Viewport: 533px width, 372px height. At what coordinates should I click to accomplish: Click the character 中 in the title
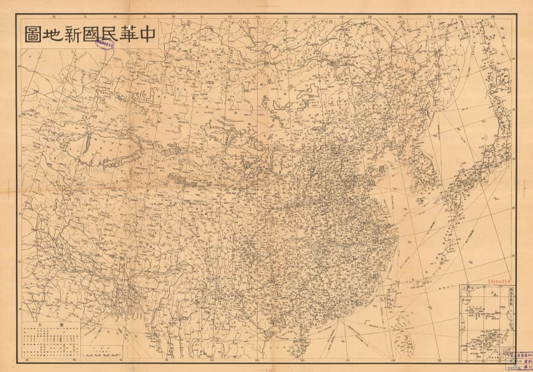(145, 34)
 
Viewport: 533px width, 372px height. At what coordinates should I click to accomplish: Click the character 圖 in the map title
(33, 34)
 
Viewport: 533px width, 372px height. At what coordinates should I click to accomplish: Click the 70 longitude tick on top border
(54, 17)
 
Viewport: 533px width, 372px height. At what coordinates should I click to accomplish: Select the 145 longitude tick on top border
(492, 17)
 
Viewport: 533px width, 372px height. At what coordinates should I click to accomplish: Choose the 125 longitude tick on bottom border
(440, 360)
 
